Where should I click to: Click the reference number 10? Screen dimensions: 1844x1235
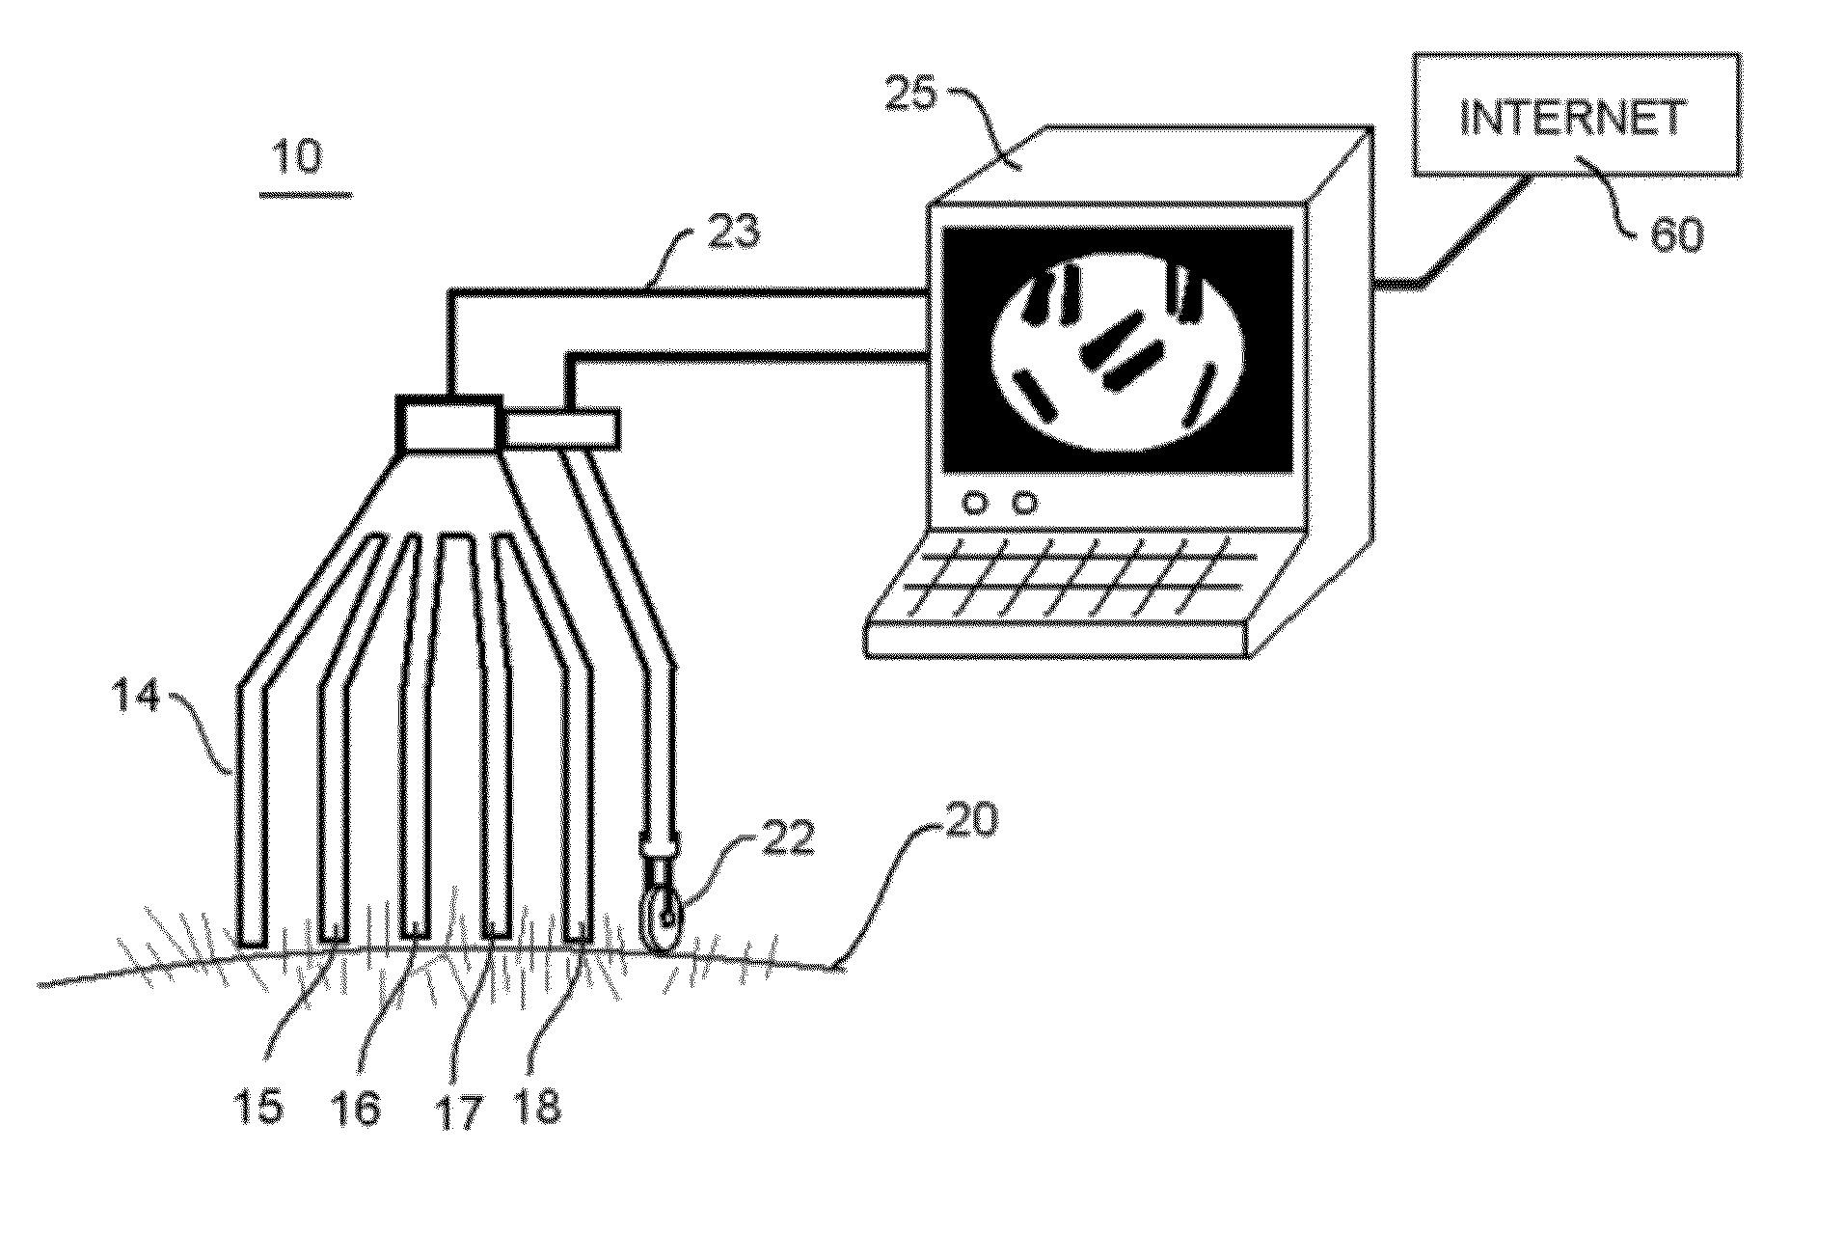click(299, 156)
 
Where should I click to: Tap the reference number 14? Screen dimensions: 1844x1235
click(135, 698)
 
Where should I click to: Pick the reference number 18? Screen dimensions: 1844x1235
click(536, 1106)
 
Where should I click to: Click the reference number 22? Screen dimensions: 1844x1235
click(788, 837)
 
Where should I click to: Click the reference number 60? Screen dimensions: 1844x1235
click(1676, 233)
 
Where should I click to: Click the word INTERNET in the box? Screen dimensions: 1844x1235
click(1574, 118)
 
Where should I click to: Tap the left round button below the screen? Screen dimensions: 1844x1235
click(976, 503)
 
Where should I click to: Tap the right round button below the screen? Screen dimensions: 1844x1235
click(1025, 503)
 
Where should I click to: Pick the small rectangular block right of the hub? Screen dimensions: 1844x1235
click(560, 429)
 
